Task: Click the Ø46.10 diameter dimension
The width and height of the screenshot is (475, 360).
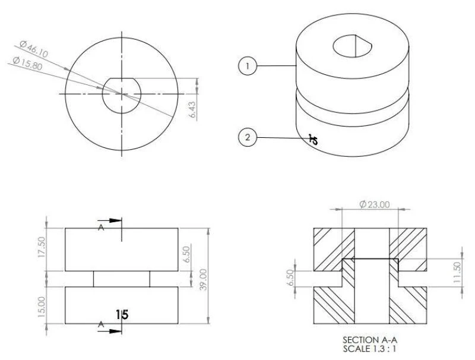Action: [x=34, y=49]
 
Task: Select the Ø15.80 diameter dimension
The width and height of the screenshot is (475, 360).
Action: [x=27, y=63]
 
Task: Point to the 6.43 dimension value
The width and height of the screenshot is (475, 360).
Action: [x=192, y=110]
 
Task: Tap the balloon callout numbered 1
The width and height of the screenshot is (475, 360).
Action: [x=248, y=66]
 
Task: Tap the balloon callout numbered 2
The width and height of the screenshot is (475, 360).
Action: [x=248, y=137]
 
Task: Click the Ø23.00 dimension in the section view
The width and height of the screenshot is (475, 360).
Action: [x=375, y=204]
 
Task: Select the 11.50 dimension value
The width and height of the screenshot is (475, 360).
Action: [x=457, y=272]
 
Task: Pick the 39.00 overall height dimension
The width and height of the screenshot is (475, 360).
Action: [x=204, y=279]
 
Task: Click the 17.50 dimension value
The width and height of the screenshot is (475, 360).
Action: [x=42, y=247]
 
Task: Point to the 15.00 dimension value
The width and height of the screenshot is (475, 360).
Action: [x=42, y=307]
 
